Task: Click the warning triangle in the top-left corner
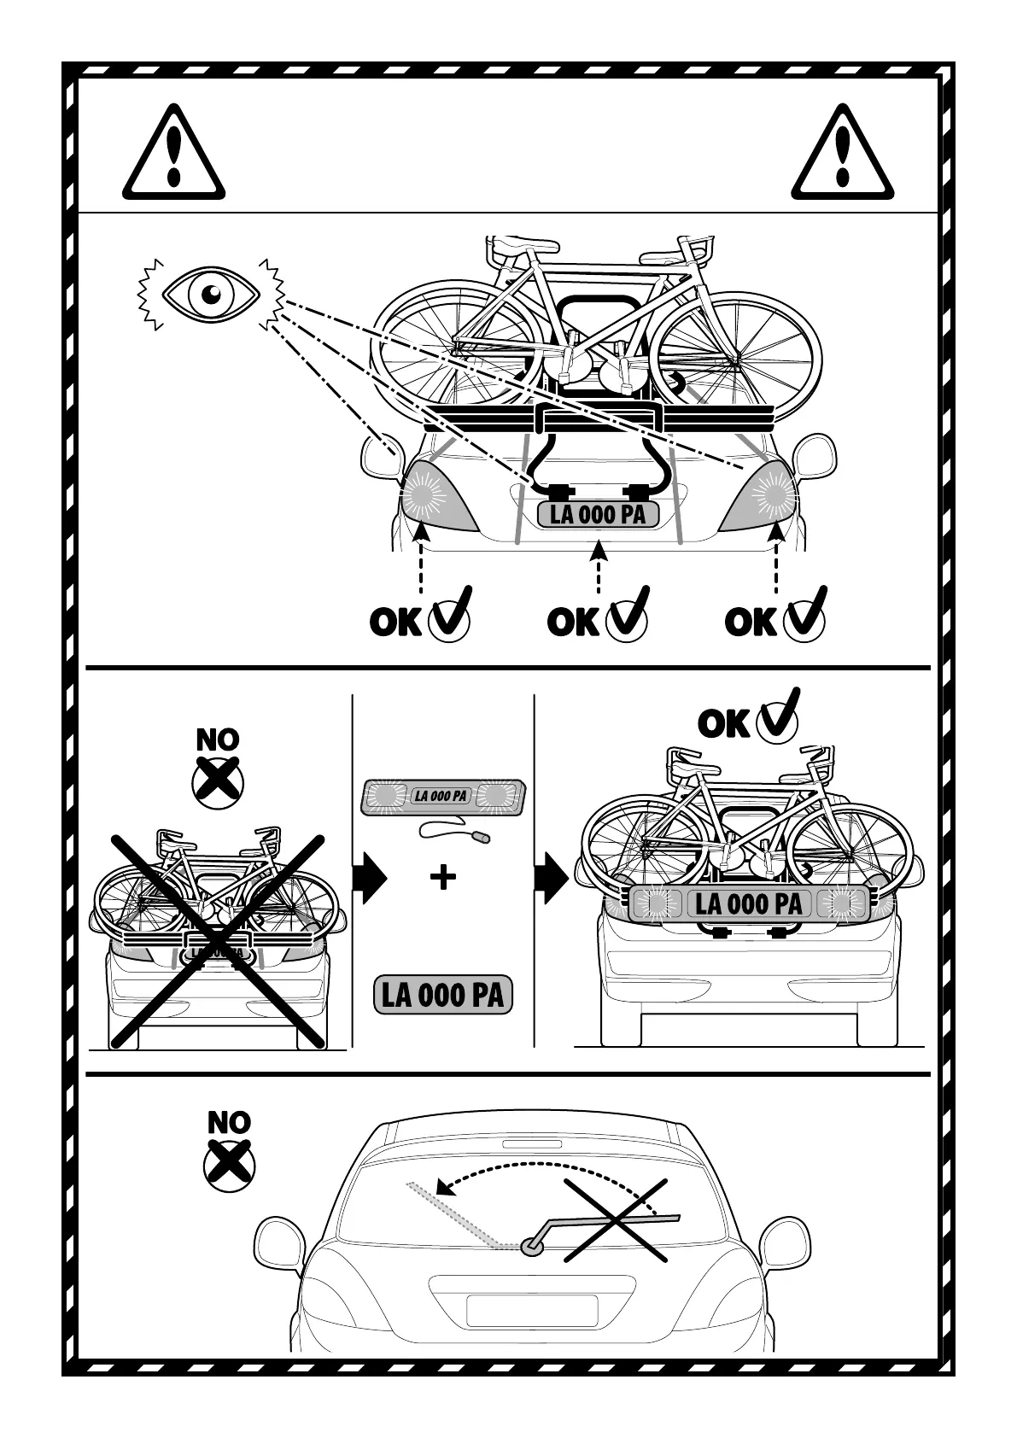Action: click(173, 154)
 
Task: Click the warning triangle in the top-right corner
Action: click(842, 154)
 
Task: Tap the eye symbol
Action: click(210, 294)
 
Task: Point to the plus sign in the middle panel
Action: click(442, 878)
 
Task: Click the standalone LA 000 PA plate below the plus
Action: click(442, 995)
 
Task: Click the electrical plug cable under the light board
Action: click(453, 832)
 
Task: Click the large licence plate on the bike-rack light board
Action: click(749, 903)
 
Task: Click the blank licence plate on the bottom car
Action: click(531, 1311)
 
